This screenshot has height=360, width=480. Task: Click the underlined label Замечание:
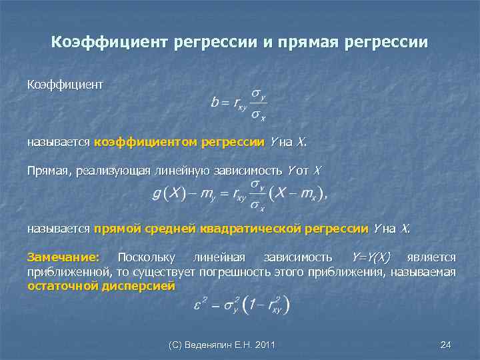tap(63, 257)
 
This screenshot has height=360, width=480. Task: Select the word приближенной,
tap(61, 272)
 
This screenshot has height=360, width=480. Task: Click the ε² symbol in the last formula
tap(197, 305)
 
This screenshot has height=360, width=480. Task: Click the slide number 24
tap(446, 345)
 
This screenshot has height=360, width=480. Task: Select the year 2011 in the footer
tap(264, 345)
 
